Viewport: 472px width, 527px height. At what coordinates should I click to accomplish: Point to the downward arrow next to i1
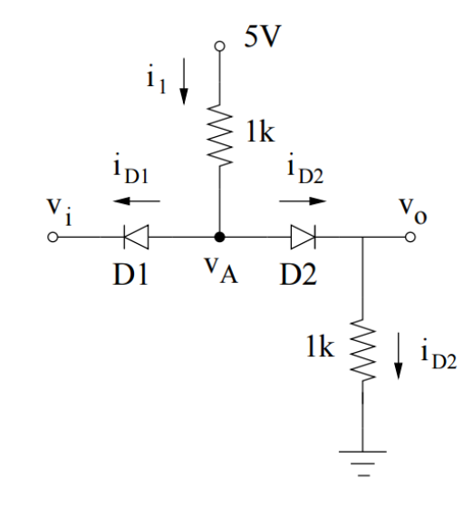(x=185, y=84)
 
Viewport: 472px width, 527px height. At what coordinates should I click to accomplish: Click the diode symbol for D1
(x=135, y=239)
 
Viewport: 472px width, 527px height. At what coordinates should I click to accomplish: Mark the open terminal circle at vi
(x=53, y=239)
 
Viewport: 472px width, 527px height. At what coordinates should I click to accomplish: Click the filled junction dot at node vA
(x=217, y=239)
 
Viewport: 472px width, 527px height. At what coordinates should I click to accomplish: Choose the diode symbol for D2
(x=303, y=239)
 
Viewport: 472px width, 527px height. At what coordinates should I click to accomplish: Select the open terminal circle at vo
(x=410, y=239)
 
